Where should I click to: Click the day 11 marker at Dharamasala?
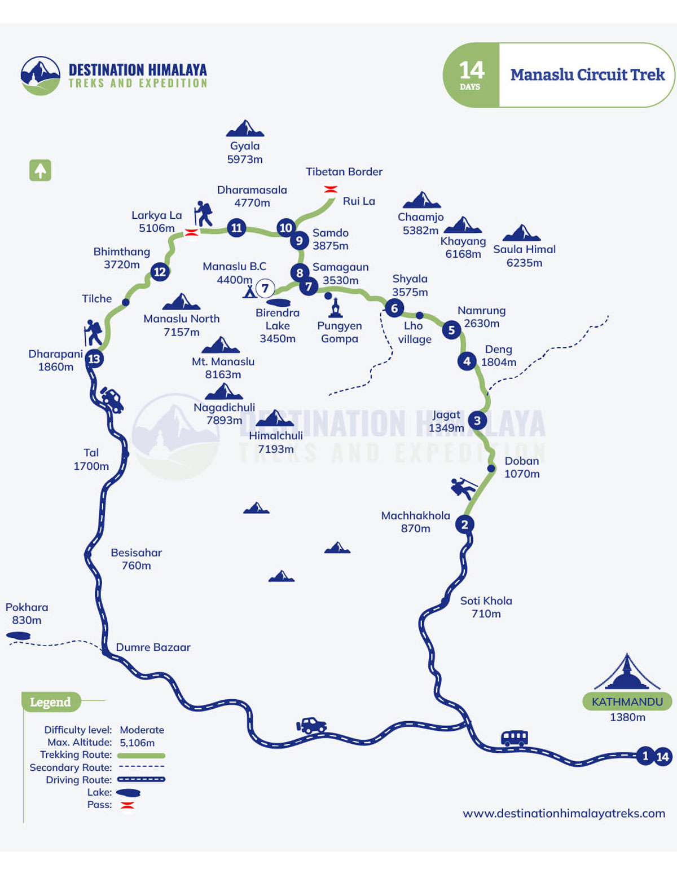click(x=236, y=228)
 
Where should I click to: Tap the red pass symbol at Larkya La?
click(x=192, y=232)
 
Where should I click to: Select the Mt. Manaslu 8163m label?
click(x=223, y=368)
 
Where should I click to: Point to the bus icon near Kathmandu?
click(x=514, y=738)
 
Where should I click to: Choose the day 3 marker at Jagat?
click(x=477, y=420)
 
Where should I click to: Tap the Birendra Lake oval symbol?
click(x=278, y=303)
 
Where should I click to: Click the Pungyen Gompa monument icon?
click(x=336, y=308)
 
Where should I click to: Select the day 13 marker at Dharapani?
click(x=94, y=359)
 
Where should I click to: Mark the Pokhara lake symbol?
click(x=18, y=635)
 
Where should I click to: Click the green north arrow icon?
click(x=40, y=170)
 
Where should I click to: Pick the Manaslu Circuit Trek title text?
click(x=587, y=74)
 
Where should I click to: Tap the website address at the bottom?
click(x=564, y=813)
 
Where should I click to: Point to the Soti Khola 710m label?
click(x=486, y=607)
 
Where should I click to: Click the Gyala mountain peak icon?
click(x=245, y=129)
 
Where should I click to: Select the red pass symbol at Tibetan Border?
click(x=331, y=189)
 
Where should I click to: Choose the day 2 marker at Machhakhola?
click(x=464, y=524)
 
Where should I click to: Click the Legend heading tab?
click(x=51, y=702)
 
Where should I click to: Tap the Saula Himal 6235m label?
click(x=524, y=255)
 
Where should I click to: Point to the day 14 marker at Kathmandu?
click(x=662, y=757)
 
